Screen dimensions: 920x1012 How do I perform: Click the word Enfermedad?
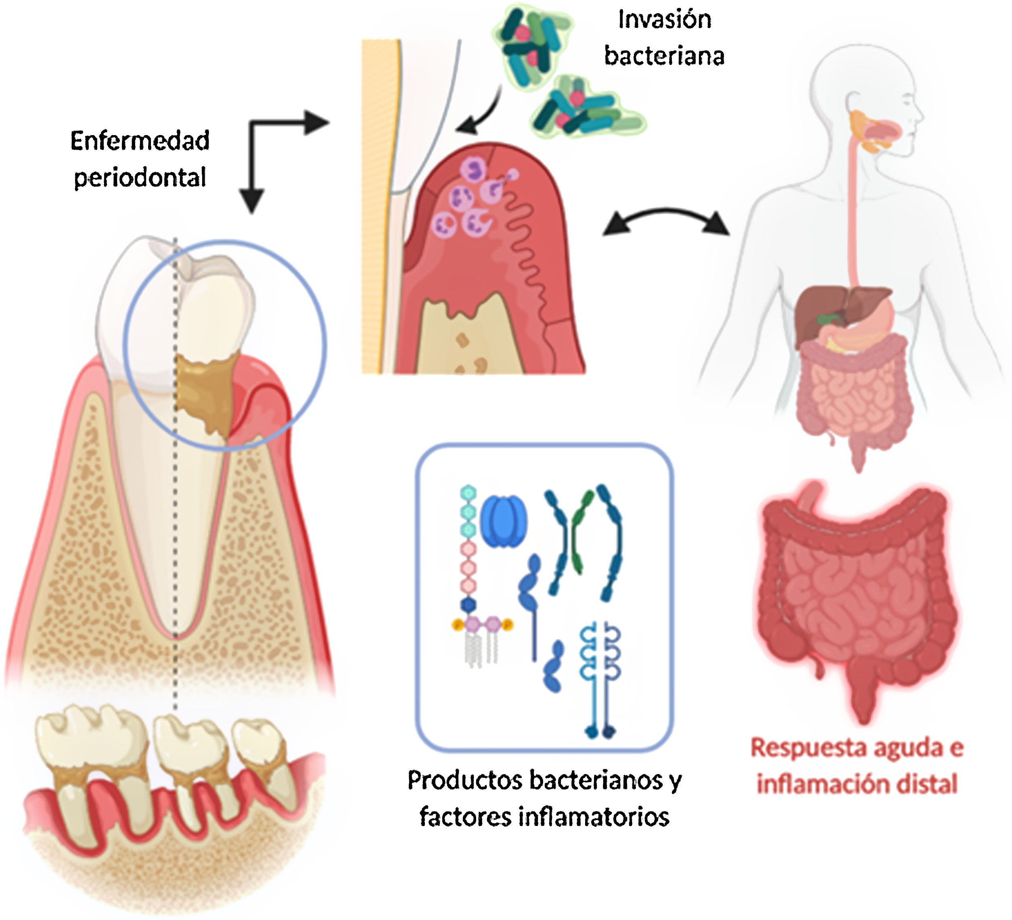coord(140,141)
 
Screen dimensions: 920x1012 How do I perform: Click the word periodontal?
coord(140,177)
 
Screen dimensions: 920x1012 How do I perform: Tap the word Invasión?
coord(664,20)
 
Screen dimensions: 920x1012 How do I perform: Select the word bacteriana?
coord(664,56)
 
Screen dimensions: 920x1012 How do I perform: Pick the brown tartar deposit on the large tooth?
coord(203,391)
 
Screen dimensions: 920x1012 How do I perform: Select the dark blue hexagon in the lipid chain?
coord(468,605)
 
